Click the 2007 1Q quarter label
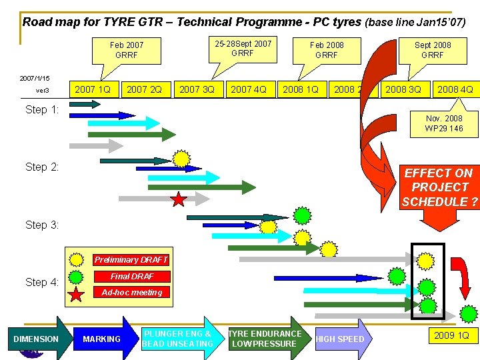pos(93,89)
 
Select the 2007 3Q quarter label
pos(197,89)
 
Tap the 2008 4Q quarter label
pos(455,89)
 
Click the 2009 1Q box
pos(451,335)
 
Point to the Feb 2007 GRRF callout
pos(127,50)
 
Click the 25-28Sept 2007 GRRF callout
pos(243,48)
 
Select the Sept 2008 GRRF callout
pos(433,50)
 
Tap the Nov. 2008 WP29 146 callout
pos(444,123)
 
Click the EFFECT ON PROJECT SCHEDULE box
pos(440,187)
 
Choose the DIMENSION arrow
pos(37,339)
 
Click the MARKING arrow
pos(101,339)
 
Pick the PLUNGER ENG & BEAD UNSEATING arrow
pos(179,339)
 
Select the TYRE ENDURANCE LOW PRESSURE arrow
pos(265,339)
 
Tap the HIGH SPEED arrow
pos(341,339)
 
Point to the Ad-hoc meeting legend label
pos(131,292)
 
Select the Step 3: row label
pos(42,225)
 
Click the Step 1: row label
pos(42,109)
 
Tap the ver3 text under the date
pos(42,90)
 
